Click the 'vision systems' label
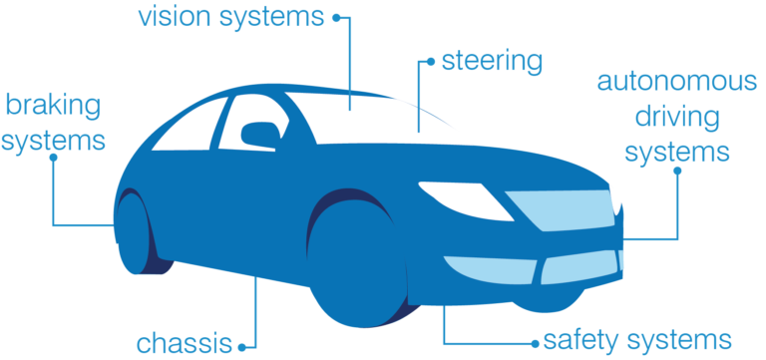click(x=231, y=17)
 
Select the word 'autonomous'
click(x=676, y=81)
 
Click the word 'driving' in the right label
click(x=674, y=117)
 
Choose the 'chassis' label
click(x=185, y=344)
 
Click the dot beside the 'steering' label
click(x=430, y=62)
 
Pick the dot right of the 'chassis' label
click(x=241, y=345)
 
